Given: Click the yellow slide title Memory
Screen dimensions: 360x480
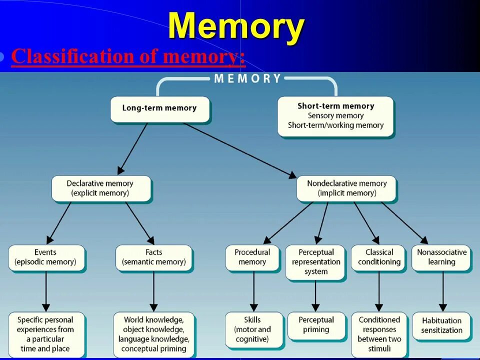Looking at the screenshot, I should (x=236, y=26).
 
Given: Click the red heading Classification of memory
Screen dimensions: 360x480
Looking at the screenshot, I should (x=128, y=57).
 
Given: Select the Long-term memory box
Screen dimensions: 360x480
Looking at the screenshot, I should (x=159, y=108).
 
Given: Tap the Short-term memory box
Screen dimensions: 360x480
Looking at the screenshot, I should (x=335, y=116).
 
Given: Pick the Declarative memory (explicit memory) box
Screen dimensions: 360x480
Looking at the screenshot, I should (x=100, y=188).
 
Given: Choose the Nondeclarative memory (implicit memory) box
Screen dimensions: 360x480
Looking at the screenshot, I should (x=346, y=188).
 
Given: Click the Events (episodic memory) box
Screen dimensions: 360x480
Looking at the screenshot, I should (x=45, y=257).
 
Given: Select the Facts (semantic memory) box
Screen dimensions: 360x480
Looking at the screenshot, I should (x=153, y=257).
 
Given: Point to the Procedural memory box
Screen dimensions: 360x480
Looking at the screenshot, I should (x=252, y=257).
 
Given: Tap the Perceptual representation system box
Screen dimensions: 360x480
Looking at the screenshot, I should (x=315, y=261).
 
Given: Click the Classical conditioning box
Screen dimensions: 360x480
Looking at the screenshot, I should (x=379, y=257).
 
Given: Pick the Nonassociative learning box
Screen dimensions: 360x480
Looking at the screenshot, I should (x=441, y=257).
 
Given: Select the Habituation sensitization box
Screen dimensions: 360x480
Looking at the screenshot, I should (x=441, y=325).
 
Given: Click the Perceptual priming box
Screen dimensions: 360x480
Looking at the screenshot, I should (x=315, y=325).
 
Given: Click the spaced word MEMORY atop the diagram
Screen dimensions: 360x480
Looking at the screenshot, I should (x=247, y=78).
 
